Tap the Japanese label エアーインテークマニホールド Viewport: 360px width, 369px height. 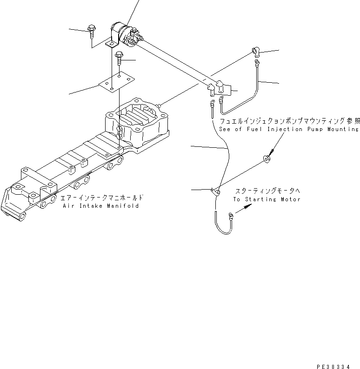click(x=102, y=198)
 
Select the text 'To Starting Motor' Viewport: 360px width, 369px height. click(x=267, y=199)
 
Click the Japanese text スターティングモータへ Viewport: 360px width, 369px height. click(x=267, y=191)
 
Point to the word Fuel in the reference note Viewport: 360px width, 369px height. click(x=253, y=129)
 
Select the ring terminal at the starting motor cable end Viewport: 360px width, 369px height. click(x=230, y=215)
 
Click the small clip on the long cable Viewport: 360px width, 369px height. click(x=215, y=190)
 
